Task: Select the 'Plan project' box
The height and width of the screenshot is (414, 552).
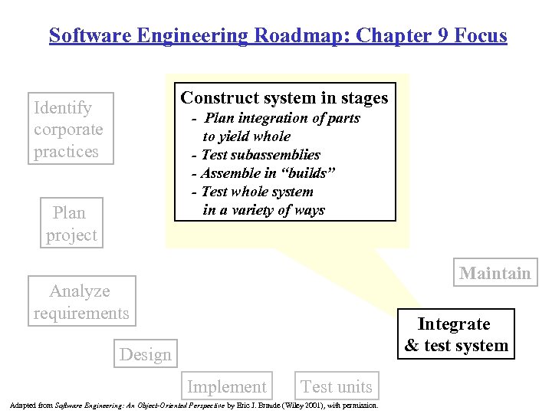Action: [x=71, y=224]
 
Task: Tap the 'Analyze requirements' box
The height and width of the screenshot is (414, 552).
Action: [x=81, y=302]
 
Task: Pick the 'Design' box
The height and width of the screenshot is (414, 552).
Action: [x=146, y=355]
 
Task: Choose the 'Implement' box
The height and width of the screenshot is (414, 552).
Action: [x=227, y=387]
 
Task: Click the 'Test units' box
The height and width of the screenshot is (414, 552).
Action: [x=337, y=387]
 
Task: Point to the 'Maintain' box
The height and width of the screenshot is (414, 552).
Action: [x=495, y=274]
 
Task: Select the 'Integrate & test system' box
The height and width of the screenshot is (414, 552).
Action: [x=456, y=334]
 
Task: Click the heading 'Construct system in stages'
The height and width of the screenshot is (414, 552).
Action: [x=284, y=98]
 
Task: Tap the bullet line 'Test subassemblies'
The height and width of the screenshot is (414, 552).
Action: [x=260, y=155]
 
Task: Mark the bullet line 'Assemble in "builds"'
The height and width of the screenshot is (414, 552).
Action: [x=268, y=173]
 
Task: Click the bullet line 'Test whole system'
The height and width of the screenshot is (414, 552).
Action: [x=257, y=192]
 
